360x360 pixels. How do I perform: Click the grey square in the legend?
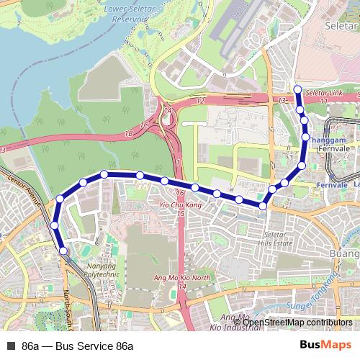click(10, 346)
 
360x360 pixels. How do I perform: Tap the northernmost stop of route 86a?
click(297, 89)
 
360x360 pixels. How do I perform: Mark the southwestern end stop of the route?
click(64, 251)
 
